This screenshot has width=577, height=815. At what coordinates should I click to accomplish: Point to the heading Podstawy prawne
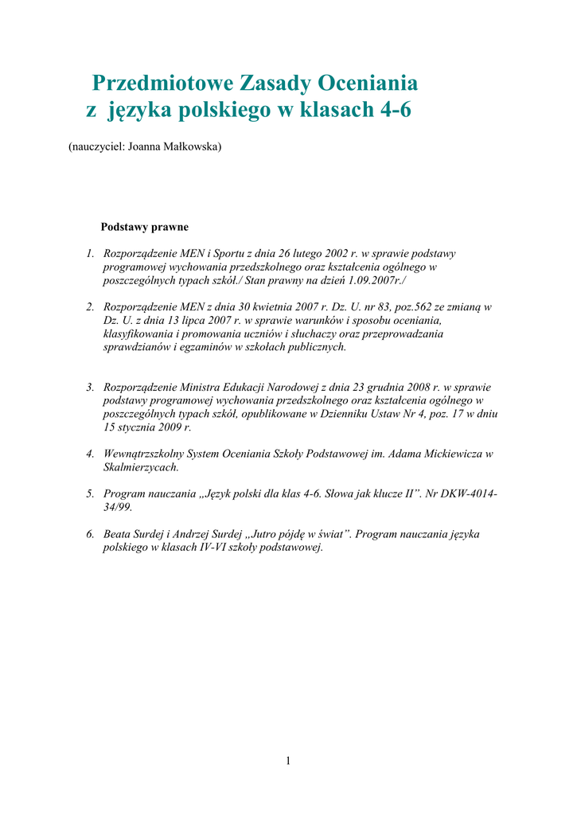(144, 227)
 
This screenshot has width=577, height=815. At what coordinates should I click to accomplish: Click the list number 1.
(90, 254)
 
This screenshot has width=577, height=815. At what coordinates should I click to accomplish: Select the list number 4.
(90, 454)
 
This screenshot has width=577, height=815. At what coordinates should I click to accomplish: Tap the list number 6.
(90, 533)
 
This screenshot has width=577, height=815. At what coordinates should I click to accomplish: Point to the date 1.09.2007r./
(385, 281)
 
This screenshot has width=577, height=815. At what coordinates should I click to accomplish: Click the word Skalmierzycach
(142, 467)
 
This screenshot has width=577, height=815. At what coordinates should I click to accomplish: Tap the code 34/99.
(118, 507)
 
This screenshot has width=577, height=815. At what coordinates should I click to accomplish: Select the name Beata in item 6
(118, 533)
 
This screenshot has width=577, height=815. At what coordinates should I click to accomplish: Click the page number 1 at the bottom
(288, 762)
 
